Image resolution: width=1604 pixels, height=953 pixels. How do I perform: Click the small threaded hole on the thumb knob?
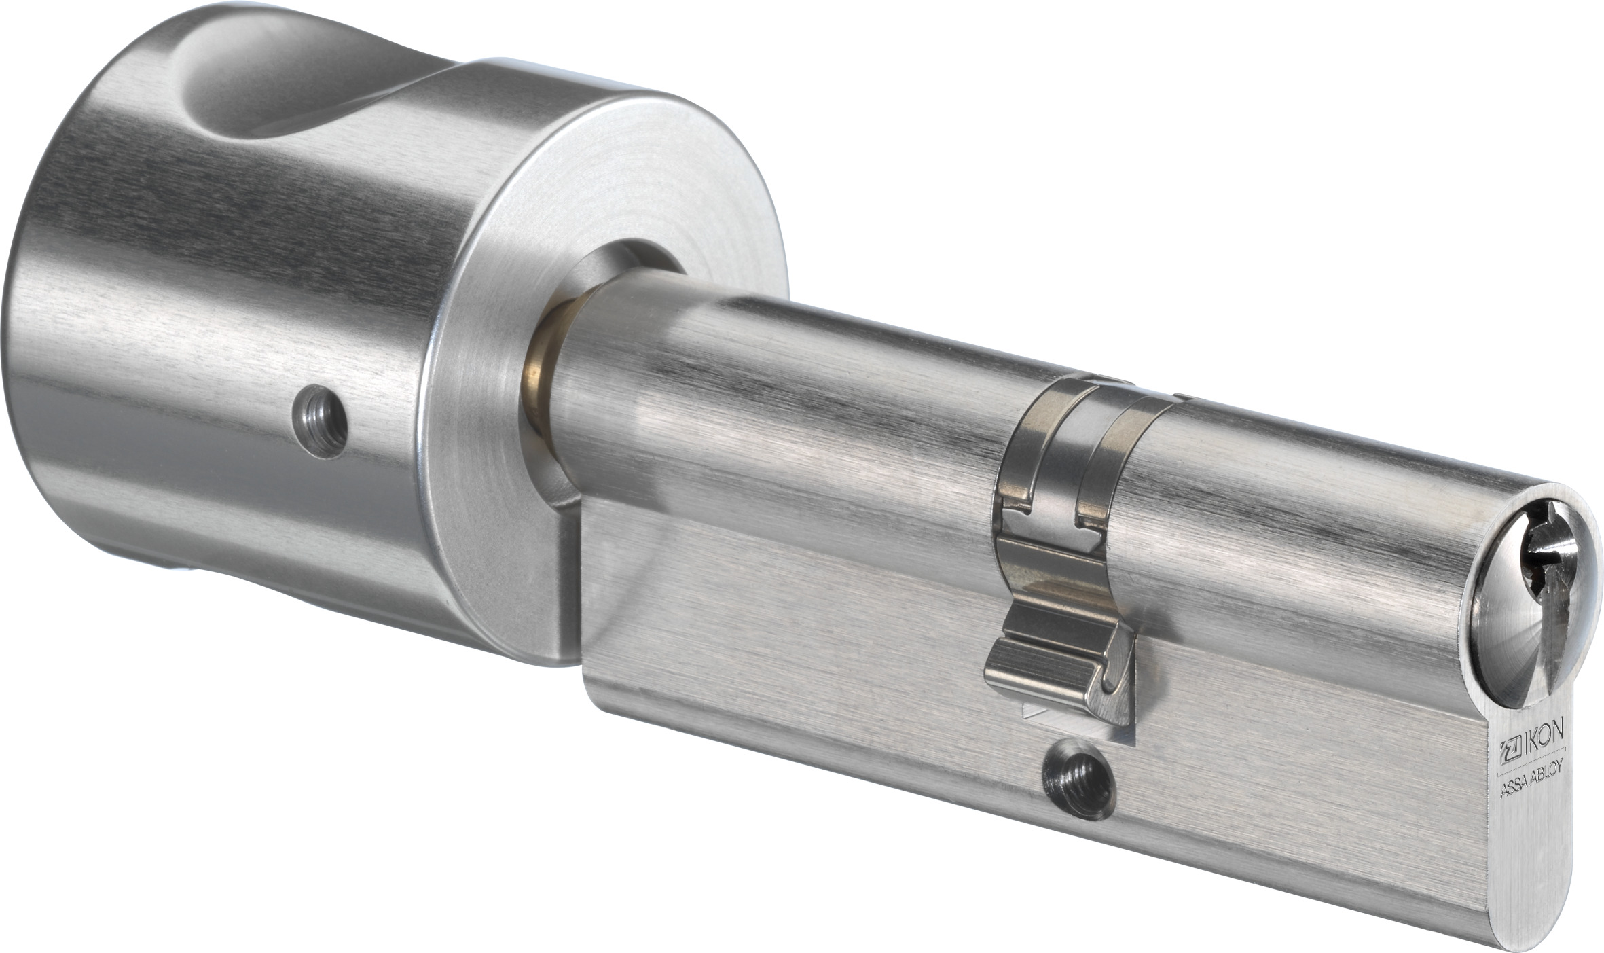click(x=320, y=421)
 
